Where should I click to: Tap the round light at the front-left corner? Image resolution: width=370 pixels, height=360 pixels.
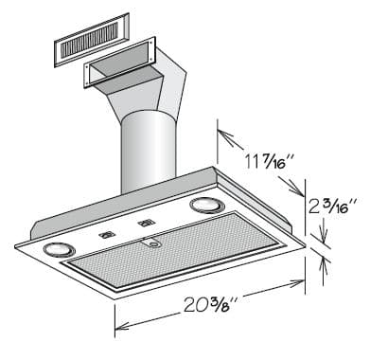pyautogui.click(x=59, y=248)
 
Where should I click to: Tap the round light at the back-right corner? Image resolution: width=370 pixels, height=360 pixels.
pyautogui.click(x=204, y=206)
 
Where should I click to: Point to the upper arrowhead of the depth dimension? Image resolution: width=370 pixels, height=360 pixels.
pyautogui.click(x=221, y=130)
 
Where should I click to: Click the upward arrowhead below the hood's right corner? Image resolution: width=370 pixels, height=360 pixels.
pyautogui.click(x=324, y=265)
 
